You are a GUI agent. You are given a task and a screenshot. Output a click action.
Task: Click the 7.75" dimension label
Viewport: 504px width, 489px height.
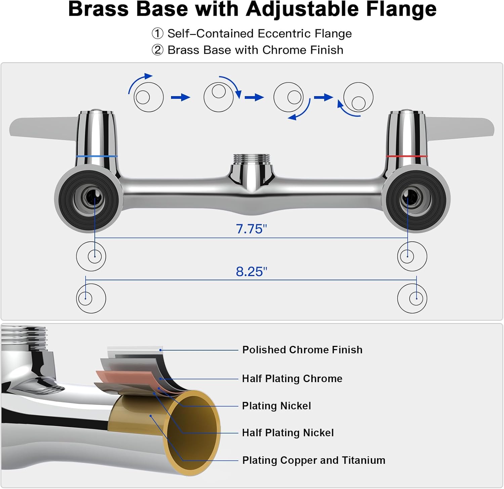point(251,229)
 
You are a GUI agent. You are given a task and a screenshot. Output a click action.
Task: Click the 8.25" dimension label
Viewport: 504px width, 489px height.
point(251,272)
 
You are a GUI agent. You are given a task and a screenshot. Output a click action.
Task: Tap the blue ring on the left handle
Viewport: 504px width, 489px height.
point(97,156)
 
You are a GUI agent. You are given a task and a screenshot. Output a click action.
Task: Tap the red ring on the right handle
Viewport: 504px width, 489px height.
point(407,156)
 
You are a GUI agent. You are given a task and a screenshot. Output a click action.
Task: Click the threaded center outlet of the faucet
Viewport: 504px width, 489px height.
point(252,159)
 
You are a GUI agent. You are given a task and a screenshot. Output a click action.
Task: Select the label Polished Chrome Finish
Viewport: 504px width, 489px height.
point(302,350)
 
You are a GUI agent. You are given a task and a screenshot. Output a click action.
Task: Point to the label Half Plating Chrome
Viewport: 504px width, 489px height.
point(292,378)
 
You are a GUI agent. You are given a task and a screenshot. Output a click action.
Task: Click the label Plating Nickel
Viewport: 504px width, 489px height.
point(276,406)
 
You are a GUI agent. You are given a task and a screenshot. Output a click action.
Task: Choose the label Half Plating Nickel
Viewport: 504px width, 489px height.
point(288,433)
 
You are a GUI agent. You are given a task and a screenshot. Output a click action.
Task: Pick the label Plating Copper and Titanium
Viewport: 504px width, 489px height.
point(313,460)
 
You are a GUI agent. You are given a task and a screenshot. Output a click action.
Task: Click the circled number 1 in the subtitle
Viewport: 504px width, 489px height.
point(157,34)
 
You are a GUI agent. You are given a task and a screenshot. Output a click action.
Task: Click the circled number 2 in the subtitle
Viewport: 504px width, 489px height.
point(157,50)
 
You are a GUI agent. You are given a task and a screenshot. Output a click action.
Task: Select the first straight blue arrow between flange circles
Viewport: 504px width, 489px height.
point(180,97)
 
